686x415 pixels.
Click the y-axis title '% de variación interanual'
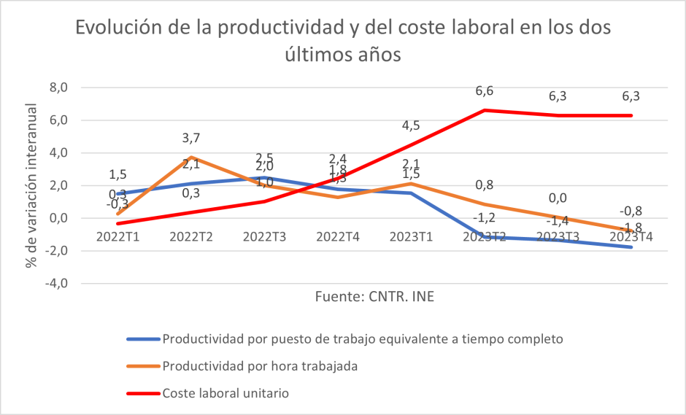31,185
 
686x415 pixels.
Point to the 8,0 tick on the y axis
58,88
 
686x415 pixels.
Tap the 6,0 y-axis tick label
58,120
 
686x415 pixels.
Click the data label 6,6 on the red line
485,91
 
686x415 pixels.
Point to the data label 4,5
411,125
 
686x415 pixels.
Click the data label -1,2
484,217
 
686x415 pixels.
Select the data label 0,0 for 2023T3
558,198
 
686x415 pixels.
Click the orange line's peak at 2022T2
191,158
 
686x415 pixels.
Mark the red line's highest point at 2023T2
485,110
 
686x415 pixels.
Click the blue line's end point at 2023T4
631,247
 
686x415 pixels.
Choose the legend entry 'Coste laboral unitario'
226,393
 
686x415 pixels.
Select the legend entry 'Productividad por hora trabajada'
260,366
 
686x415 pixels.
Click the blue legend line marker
142,339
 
